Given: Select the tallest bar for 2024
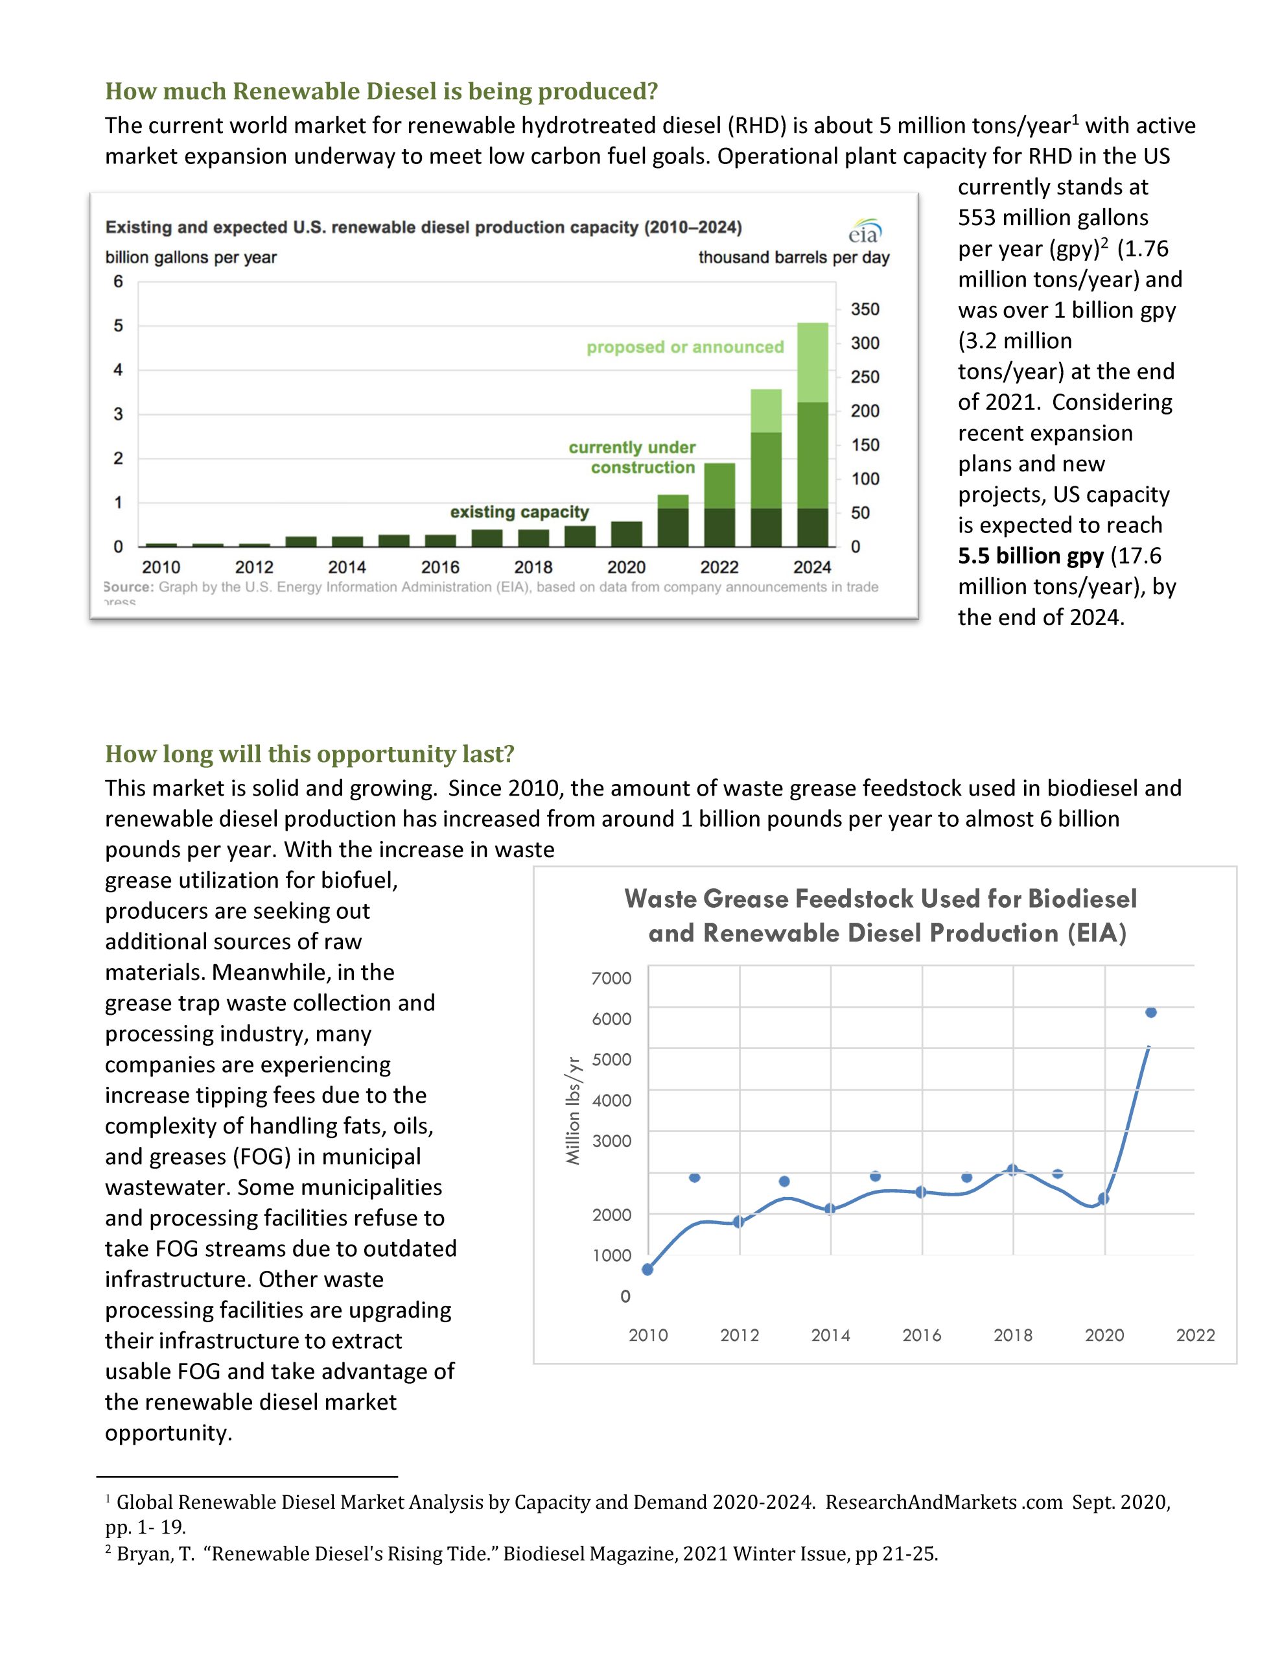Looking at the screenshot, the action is click(x=812, y=434).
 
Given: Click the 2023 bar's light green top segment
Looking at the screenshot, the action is click(x=766, y=410).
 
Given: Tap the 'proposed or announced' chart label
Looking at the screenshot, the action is click(x=684, y=348).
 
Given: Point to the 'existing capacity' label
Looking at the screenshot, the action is click(x=519, y=512).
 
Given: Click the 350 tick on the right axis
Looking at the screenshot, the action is click(x=865, y=309).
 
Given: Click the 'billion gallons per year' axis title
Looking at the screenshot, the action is click(x=191, y=257).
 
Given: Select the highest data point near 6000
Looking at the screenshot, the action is click(x=1150, y=1012).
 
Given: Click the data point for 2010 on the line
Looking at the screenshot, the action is click(x=647, y=1270).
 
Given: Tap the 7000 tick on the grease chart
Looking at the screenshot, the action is click(x=612, y=978).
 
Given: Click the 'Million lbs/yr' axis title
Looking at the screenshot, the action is click(x=574, y=1111).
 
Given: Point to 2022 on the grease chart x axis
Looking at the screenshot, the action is click(x=1195, y=1334).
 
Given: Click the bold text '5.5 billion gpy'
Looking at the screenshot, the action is click(x=1031, y=556).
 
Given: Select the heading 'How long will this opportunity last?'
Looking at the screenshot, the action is click(x=310, y=754).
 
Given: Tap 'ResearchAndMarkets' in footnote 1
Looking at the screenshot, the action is click(x=921, y=1502).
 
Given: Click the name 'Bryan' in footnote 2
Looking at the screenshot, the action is click(x=145, y=1554).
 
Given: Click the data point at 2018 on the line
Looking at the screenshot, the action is click(x=1012, y=1170).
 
